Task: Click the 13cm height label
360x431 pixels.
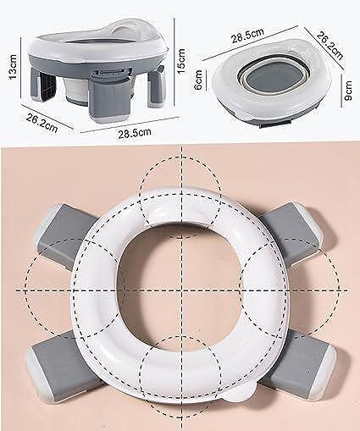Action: (13, 67)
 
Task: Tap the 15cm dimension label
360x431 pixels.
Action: (181, 61)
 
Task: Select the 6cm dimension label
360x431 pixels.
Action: (199, 80)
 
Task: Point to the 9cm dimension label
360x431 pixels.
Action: (348, 91)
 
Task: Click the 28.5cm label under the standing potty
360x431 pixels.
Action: (135, 132)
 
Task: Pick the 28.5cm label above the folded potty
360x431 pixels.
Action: (247, 36)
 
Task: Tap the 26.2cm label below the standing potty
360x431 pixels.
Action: (42, 123)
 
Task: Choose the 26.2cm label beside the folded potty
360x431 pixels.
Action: (330, 46)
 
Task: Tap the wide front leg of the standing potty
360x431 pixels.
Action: (108, 100)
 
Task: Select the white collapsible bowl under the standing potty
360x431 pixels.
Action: (75, 90)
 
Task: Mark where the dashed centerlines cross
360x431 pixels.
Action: (181, 290)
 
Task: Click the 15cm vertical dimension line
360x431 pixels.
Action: (174, 61)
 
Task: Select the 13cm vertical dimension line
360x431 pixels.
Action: (21, 68)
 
